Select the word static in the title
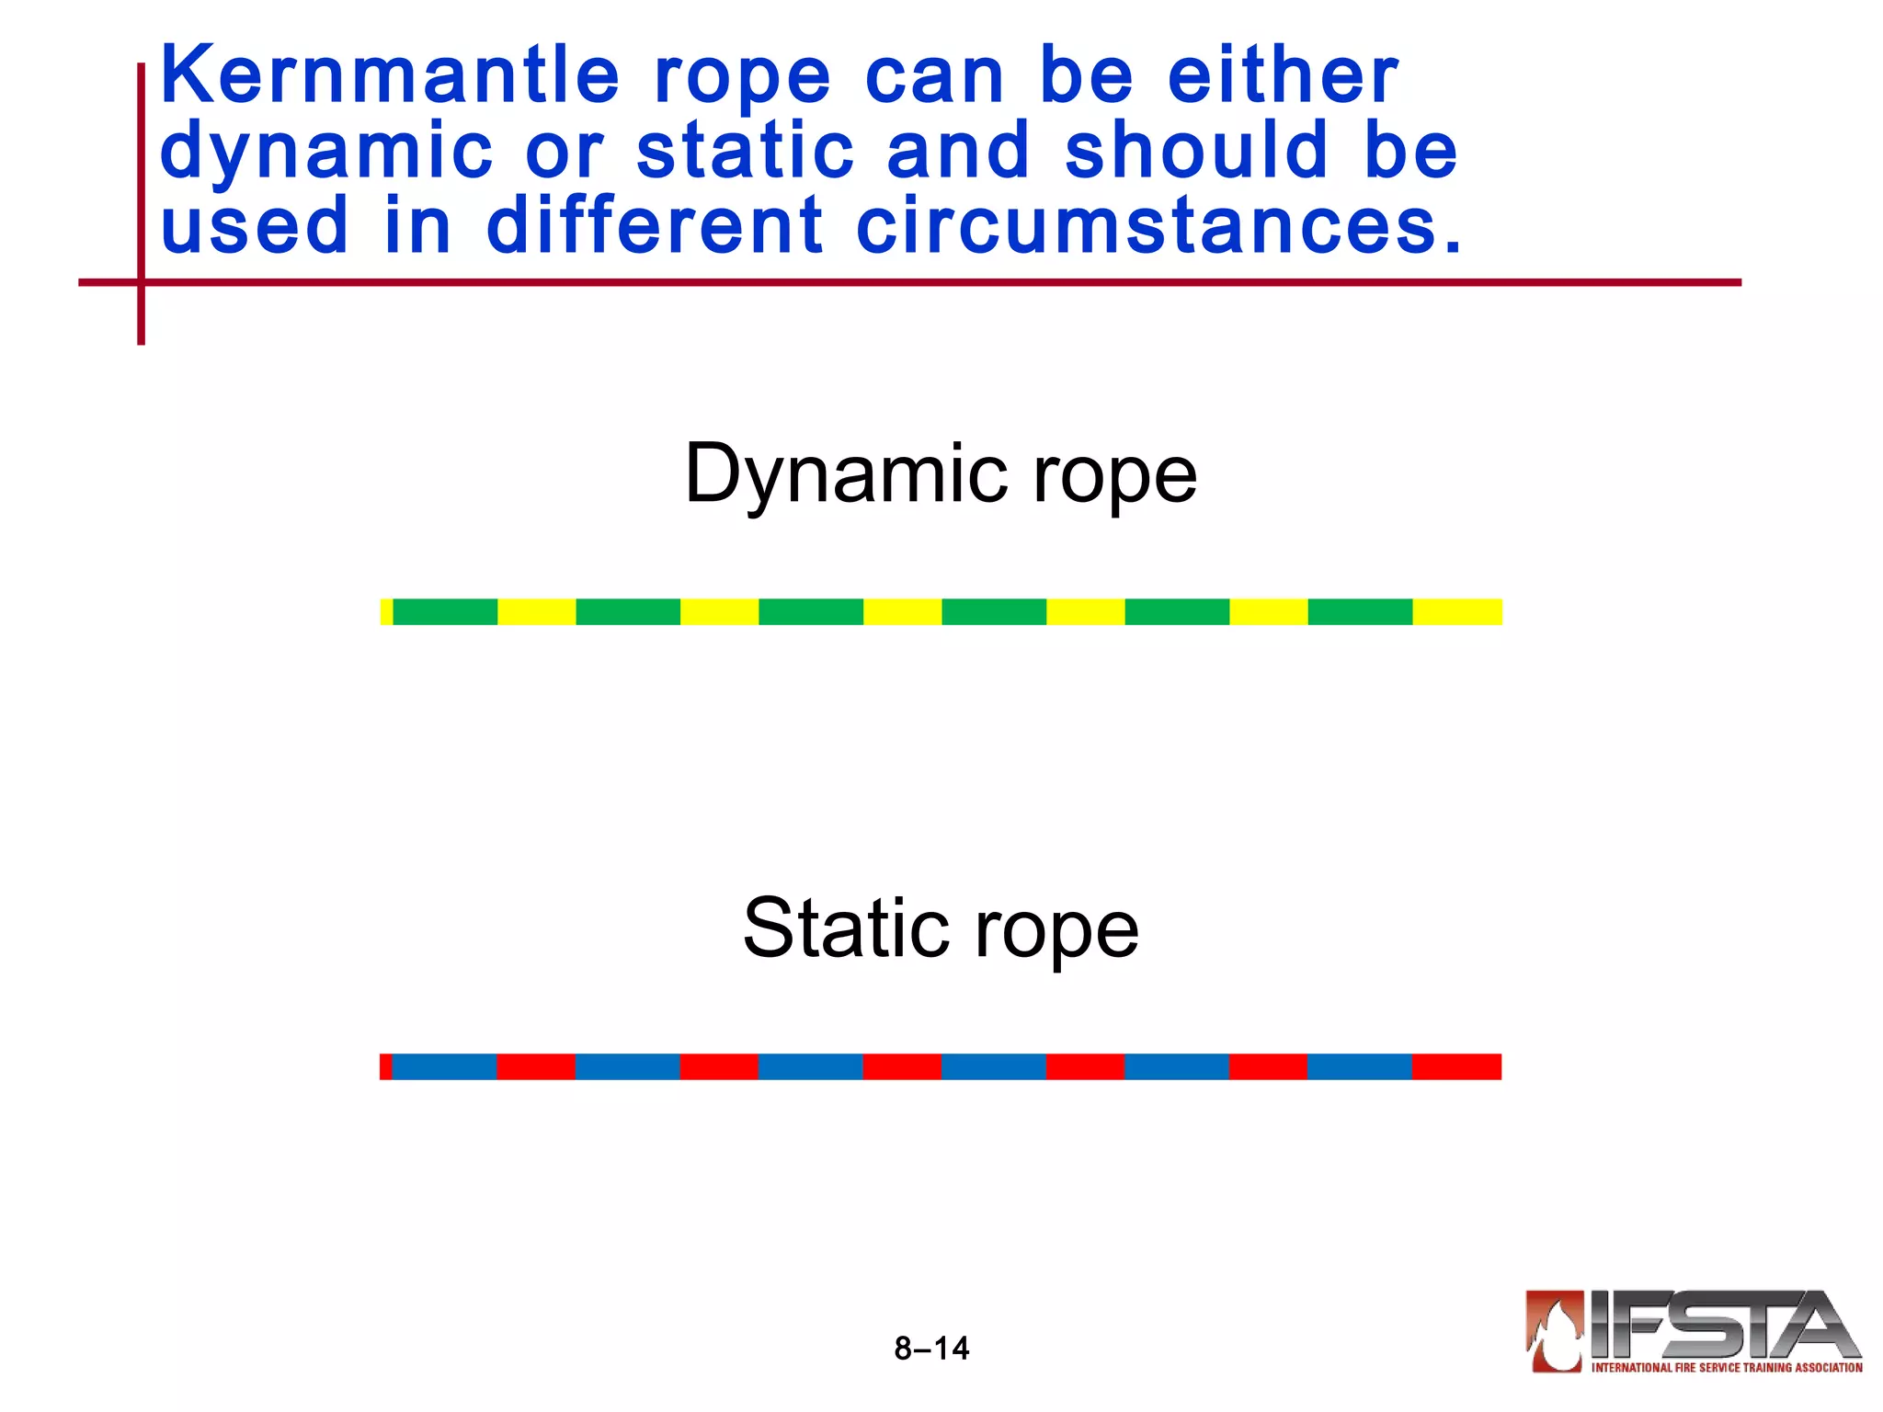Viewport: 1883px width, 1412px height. point(745,151)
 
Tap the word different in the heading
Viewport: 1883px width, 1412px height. point(655,226)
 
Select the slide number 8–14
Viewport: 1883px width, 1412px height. point(931,1349)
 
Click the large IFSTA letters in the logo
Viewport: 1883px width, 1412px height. point(1719,1325)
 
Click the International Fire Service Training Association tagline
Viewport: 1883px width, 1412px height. point(1727,1368)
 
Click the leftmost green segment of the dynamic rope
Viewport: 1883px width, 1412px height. point(445,611)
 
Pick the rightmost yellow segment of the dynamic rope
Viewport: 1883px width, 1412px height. point(1456,611)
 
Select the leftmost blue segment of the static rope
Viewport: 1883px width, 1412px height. point(444,1066)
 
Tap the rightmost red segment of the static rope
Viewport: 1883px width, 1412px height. point(1456,1066)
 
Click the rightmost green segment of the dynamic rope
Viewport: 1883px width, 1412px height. point(1360,611)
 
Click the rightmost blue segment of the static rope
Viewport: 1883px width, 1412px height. point(1359,1066)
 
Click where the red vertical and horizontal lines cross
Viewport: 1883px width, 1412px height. point(141,282)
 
